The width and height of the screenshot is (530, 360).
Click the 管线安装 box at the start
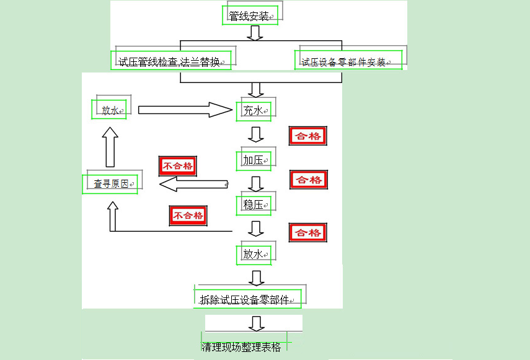click(x=250, y=15)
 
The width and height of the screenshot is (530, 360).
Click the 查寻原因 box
click(x=110, y=184)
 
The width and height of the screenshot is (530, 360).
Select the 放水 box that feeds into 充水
click(x=110, y=111)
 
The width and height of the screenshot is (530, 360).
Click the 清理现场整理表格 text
click(x=241, y=347)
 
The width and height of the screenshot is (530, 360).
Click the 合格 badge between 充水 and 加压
click(x=308, y=136)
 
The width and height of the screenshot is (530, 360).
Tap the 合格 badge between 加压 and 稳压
click(x=309, y=180)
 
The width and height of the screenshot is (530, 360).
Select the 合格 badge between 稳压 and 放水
click(x=308, y=232)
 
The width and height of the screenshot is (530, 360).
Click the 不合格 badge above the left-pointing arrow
click(x=178, y=165)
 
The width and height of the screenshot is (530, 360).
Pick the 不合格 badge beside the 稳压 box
click(x=188, y=216)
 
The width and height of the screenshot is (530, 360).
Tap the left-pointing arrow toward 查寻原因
click(x=193, y=184)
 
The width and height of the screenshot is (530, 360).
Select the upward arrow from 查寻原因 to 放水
click(x=110, y=147)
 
